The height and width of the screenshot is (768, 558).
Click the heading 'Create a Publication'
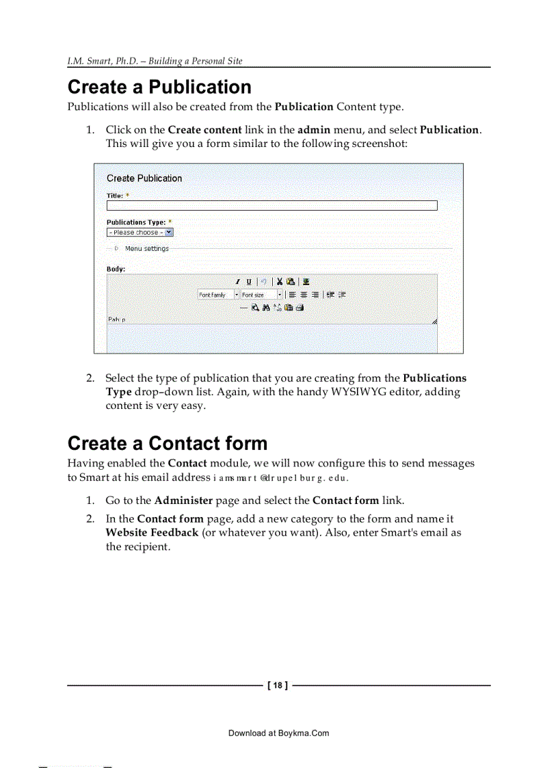[159, 88]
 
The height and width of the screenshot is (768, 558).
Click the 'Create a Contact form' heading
[168, 444]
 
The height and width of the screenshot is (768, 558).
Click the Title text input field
[271, 205]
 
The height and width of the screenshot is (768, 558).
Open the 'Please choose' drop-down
[140, 233]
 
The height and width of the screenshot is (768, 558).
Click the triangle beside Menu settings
[116, 249]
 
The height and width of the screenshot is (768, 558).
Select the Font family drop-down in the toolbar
[218, 295]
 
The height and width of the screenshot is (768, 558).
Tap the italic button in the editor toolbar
[238, 282]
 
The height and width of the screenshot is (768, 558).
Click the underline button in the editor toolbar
[248, 282]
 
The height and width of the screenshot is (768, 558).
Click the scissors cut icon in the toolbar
[280, 282]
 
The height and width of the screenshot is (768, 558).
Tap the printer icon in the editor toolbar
[299, 308]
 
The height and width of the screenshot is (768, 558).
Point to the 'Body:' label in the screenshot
[116, 269]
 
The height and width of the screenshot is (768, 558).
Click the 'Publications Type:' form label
[136, 222]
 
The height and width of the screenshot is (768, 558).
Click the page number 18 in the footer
[277, 685]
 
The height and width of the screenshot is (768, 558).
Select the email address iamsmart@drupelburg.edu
[281, 478]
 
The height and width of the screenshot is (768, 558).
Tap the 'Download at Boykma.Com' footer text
[278, 733]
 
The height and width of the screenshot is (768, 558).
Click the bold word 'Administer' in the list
[183, 501]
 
